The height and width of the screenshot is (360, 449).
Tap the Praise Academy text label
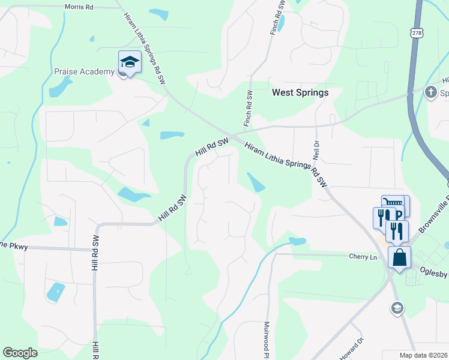84,71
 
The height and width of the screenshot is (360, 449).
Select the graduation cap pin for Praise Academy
130,62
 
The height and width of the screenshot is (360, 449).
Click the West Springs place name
300,92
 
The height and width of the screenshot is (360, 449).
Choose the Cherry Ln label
363,256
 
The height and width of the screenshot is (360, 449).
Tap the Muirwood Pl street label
267,340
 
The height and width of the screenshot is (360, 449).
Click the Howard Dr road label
352,349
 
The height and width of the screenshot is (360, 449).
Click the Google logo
20,353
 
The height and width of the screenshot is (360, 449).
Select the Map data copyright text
424,355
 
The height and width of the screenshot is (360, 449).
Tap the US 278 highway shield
414,33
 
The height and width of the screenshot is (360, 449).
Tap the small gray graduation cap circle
396,308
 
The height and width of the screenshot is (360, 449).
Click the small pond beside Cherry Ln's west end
297,241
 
